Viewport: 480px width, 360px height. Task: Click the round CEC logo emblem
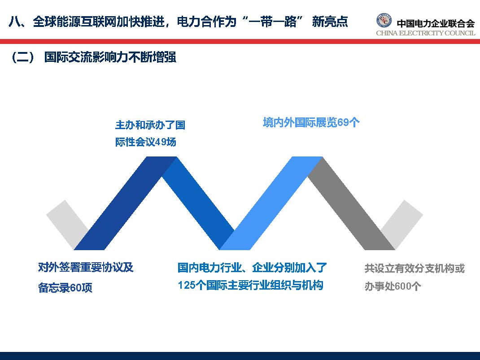(x=384, y=21)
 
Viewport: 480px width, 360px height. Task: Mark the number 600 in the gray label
(x=403, y=286)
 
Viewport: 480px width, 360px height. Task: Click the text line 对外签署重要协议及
(x=86, y=268)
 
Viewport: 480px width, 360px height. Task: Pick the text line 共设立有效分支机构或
(x=415, y=269)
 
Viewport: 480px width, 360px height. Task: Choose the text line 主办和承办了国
(x=150, y=125)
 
